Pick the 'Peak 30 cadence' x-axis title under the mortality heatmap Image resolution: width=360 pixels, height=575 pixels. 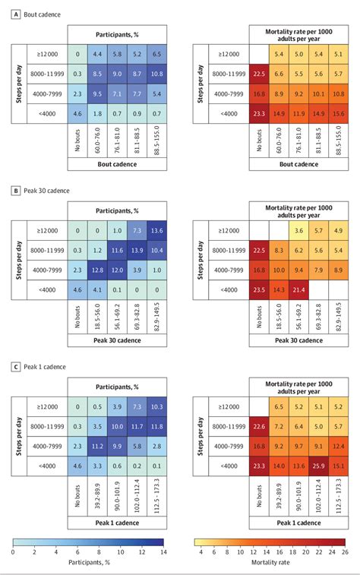(298, 342)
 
